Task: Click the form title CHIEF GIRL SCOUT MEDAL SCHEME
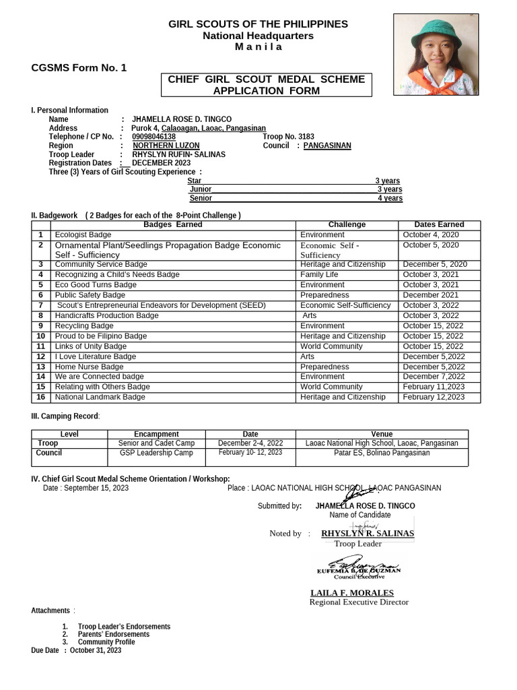[266, 80]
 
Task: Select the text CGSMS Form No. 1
[79, 68]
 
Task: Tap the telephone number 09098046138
[153, 137]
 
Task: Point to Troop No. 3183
[288, 137]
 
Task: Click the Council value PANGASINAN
[327, 146]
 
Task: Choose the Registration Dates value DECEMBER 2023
[161, 163]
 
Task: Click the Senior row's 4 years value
[390, 199]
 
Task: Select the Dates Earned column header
[439, 224]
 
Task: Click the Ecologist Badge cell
[83, 234]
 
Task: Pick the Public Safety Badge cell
[90, 295]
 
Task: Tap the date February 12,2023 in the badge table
[434, 398]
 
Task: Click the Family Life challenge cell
[319, 275]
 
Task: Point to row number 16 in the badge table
[40, 398]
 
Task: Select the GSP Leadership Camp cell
[156, 453]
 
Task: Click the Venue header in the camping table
[382, 434]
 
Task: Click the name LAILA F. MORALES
[352, 593]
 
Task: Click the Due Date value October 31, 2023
[96, 650]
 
